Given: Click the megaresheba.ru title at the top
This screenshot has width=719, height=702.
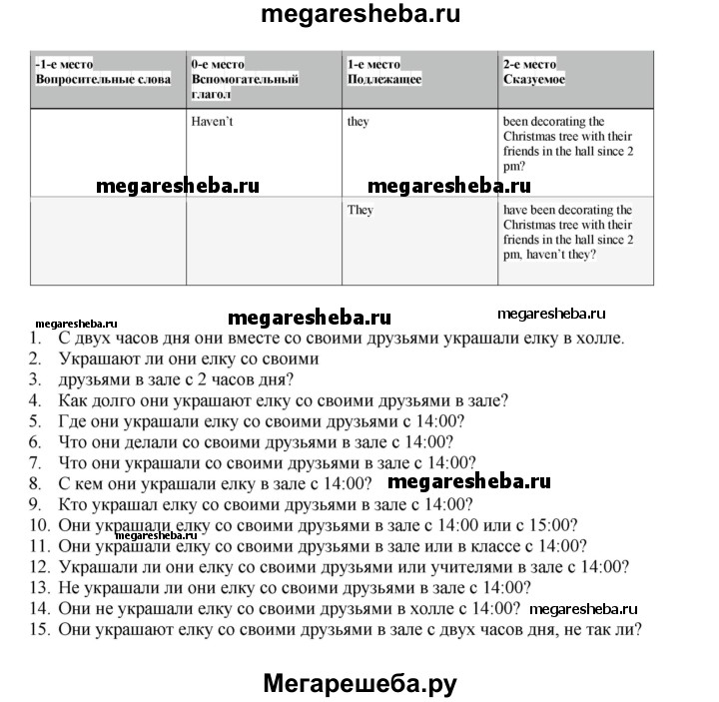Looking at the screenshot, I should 359,16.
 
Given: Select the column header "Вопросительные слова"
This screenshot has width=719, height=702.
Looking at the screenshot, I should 103,79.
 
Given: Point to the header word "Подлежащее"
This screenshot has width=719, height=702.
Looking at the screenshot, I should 384,79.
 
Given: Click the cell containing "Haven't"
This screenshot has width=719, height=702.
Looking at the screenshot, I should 212,122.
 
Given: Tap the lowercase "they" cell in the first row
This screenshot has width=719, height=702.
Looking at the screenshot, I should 358,122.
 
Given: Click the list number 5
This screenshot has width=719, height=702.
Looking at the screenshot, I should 35,421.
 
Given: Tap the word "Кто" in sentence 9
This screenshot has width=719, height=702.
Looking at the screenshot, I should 74,504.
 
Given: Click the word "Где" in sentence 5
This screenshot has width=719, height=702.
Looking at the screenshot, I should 73,421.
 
